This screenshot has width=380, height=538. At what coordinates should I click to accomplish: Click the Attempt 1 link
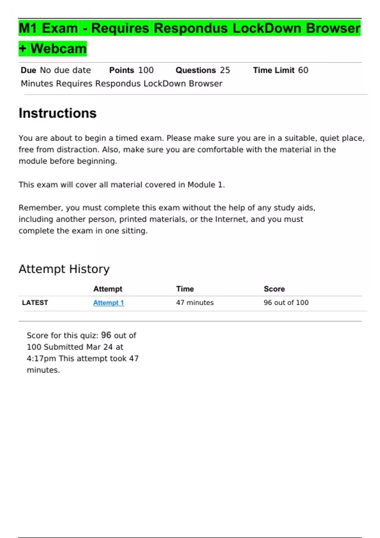[108, 303]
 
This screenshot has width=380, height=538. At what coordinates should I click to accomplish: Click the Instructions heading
[58, 113]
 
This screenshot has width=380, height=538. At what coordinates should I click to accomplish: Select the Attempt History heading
[64, 269]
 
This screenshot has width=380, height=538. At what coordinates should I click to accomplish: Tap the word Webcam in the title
[59, 48]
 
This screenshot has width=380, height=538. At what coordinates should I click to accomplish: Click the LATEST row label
[35, 303]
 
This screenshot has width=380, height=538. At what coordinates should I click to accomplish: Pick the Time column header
[185, 289]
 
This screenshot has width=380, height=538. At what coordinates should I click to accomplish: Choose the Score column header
[274, 289]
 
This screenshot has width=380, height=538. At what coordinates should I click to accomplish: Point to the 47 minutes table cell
[195, 303]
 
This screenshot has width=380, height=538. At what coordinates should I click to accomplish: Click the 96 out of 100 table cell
[286, 303]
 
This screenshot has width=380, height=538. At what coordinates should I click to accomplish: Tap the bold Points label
[122, 70]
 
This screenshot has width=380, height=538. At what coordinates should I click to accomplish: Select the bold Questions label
[196, 70]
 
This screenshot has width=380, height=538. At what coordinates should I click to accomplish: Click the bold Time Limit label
[274, 70]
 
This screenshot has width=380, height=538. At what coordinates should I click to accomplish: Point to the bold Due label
[28, 70]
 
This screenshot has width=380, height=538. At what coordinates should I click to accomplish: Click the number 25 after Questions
[225, 70]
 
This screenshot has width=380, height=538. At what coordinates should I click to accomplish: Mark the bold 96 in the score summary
[106, 335]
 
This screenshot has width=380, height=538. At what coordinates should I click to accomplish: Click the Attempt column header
[108, 289]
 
